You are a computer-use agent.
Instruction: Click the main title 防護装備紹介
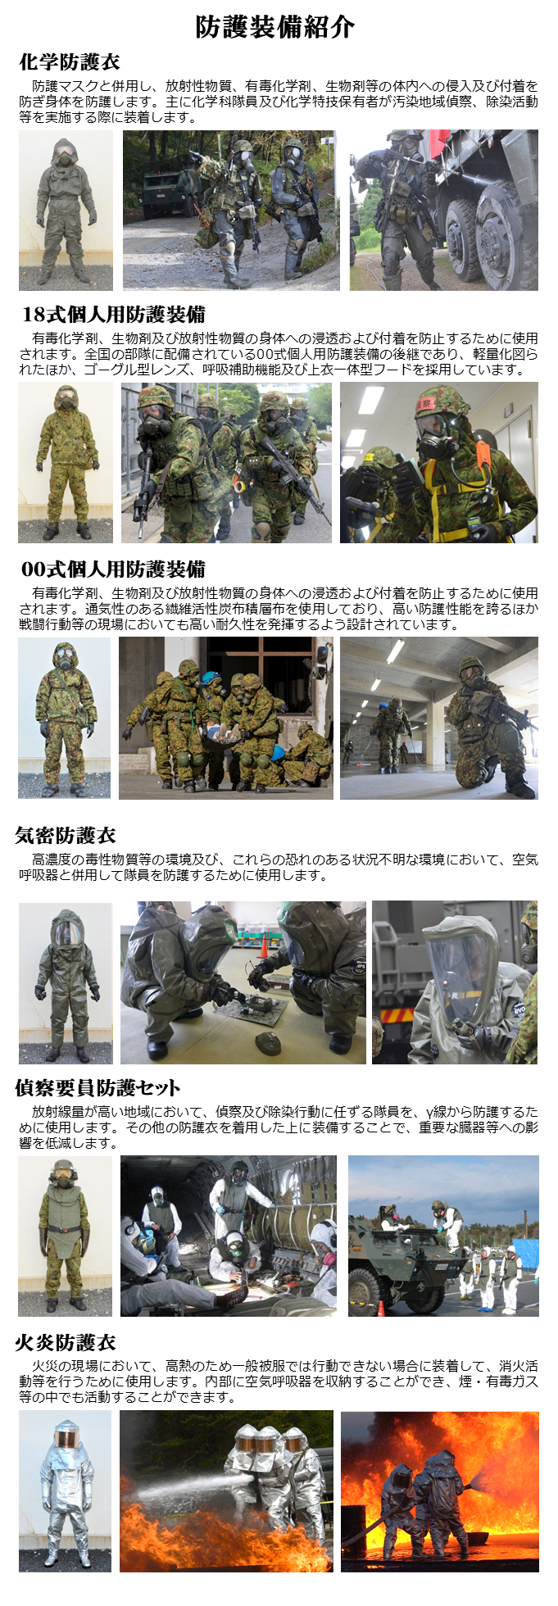[x=275, y=27]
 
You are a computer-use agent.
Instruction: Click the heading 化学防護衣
[x=70, y=62]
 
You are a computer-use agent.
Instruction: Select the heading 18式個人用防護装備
[x=113, y=315]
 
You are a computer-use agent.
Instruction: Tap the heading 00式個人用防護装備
[x=113, y=569]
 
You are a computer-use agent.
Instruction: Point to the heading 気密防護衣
[x=66, y=836]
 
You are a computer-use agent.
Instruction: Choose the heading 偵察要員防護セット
[x=98, y=1088]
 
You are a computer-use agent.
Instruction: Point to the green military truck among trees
[x=164, y=191]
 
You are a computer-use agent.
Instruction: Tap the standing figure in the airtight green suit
[x=66, y=983]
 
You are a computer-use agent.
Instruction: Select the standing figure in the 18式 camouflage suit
[x=66, y=463]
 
